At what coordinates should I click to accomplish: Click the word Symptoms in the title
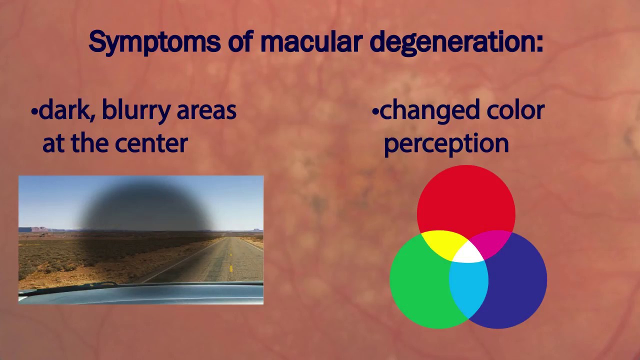154,42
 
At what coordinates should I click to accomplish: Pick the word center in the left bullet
150,143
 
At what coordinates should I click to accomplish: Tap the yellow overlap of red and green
443,243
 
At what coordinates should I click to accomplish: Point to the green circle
418,285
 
